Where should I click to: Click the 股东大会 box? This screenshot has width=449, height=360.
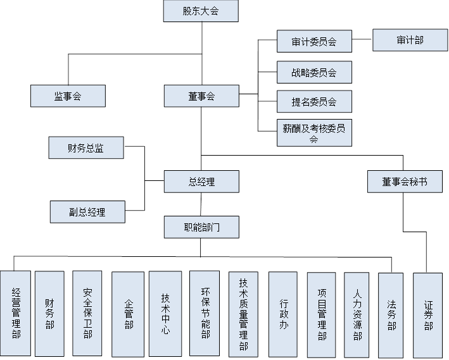point(201,11)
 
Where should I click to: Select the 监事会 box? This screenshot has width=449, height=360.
point(68,96)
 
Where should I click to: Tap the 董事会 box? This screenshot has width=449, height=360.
point(201,96)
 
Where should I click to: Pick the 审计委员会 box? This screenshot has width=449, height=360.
point(314,42)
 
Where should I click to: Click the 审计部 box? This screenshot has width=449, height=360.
point(410,40)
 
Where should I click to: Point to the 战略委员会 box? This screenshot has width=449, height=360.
point(314,72)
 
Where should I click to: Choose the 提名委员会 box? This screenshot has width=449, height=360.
point(314,102)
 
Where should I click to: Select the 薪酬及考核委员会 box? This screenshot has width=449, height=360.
point(314,133)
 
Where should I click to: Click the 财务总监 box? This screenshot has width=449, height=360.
point(86,149)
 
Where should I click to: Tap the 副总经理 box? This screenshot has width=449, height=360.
point(87,212)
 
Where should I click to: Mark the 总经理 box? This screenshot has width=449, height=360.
point(201,182)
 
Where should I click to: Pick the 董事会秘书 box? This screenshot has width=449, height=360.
point(404,182)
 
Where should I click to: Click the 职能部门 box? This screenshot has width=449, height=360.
point(201,227)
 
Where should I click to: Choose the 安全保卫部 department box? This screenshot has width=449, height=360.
point(87,313)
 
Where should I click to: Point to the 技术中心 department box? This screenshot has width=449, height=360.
point(165,313)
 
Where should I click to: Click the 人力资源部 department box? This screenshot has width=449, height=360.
point(357,313)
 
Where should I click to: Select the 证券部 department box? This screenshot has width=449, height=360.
point(429,314)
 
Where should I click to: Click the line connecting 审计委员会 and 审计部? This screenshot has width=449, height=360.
point(362,41)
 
